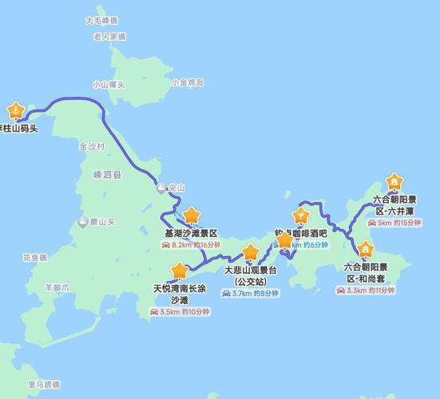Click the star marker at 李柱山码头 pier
click(15, 110)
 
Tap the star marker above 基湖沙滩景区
click(192, 215)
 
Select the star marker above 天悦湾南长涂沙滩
click(180, 271)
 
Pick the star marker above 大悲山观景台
click(251, 253)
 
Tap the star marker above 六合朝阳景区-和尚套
click(365, 250)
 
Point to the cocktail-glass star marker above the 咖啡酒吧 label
click(301, 215)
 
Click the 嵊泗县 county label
click(107, 176)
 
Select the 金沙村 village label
click(92, 148)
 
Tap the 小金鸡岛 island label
click(188, 82)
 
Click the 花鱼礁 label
click(35, 258)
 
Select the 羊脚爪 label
click(57, 286)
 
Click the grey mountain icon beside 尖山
click(162, 188)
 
